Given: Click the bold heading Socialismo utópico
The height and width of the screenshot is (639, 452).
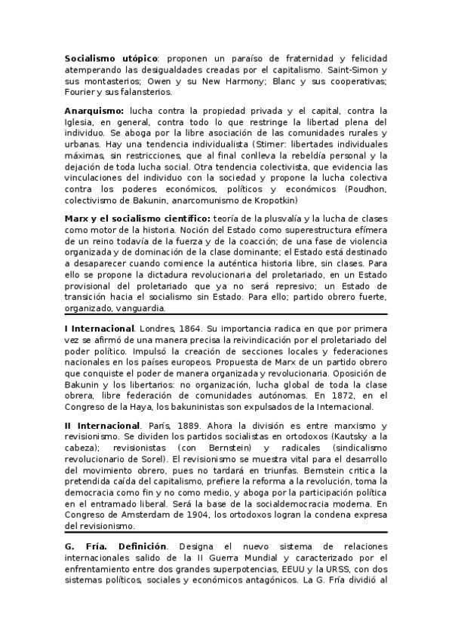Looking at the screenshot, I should tap(111, 58).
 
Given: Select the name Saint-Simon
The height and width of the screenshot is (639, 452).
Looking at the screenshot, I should tap(363, 69).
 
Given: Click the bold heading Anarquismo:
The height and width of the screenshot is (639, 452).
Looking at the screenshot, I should tap(94, 110).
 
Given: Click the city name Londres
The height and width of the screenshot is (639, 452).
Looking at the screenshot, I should tap(160, 329).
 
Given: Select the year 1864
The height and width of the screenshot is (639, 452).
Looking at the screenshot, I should tap(195, 329).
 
